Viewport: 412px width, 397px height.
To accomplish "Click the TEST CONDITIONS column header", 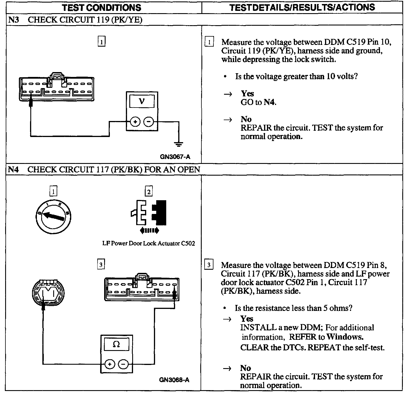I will pyautogui.click(x=102, y=7).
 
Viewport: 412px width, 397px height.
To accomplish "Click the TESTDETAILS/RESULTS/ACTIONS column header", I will pyautogui.click(x=302, y=7).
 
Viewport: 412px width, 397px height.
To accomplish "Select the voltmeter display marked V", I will pyautogui.click(x=142, y=101).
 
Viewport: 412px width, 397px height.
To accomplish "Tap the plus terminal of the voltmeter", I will pyautogui.click(x=135, y=122).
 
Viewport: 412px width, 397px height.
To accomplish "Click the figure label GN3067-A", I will pyautogui.click(x=175, y=156).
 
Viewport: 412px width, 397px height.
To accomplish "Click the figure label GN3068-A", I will pyautogui.click(x=174, y=380).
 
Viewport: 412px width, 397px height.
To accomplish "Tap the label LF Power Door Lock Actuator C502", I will pyautogui.click(x=148, y=243).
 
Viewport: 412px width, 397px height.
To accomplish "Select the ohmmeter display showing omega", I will pyautogui.click(x=116, y=345).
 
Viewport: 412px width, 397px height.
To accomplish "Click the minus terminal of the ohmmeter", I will pyautogui.click(x=123, y=364).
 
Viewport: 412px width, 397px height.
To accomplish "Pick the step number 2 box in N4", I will pyautogui.click(x=148, y=191).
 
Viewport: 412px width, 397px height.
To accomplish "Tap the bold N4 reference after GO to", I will pyautogui.click(x=270, y=102).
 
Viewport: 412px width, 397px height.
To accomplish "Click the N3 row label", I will pyautogui.click(x=13, y=20).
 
